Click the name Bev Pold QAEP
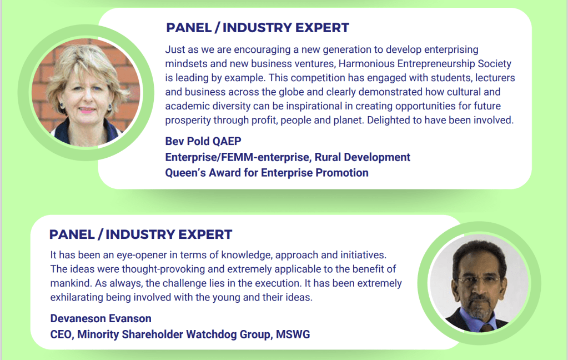[x=203, y=142]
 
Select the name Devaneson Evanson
[x=100, y=318]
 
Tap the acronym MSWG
[x=293, y=334]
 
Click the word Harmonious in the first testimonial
[x=366, y=64]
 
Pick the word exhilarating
[x=77, y=298]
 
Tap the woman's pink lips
[x=87, y=109]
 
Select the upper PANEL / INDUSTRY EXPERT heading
[x=258, y=28]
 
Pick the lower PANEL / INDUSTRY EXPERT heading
[x=140, y=234]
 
